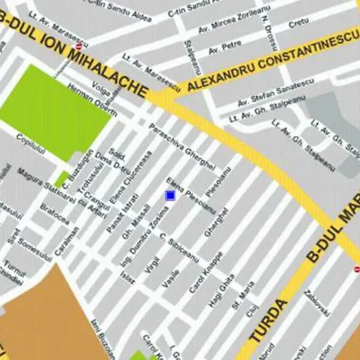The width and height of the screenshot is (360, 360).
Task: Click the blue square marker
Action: point(170,195)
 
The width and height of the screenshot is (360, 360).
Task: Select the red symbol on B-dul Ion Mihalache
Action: point(78,46)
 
